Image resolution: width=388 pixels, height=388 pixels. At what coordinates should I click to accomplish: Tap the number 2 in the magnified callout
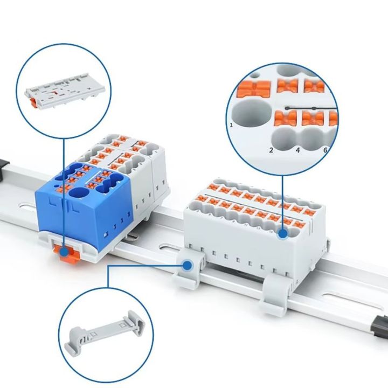coord(271,150)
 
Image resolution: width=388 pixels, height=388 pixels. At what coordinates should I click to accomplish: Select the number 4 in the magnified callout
coord(297,150)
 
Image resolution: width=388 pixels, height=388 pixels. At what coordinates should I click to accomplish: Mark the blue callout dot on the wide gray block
coord(283,234)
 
